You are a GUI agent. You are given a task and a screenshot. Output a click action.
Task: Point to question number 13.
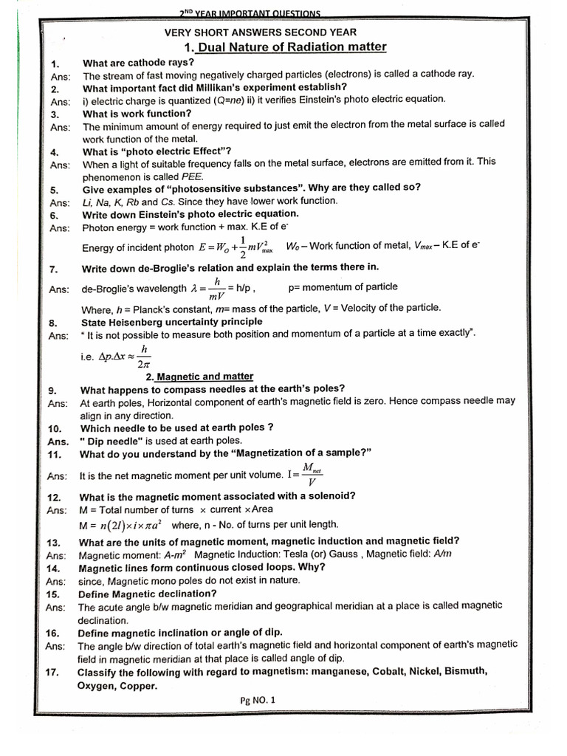[53, 543]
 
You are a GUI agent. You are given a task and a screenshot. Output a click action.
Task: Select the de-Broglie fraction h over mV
[218, 288]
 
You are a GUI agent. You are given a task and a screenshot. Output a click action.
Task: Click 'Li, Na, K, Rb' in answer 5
[110, 202]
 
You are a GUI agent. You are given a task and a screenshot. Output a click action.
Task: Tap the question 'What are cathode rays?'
[139, 62]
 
